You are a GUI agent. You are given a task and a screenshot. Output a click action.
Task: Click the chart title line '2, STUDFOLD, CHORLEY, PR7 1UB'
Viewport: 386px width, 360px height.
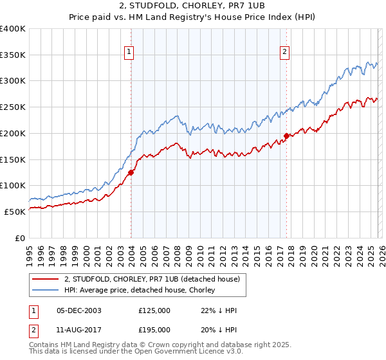(192, 6)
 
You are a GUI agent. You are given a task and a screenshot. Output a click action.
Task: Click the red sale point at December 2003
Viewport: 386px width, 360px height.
(131, 172)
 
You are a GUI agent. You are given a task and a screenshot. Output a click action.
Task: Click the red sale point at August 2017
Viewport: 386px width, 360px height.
(286, 136)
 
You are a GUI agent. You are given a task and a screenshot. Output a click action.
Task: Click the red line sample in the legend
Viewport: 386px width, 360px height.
(45, 279)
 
